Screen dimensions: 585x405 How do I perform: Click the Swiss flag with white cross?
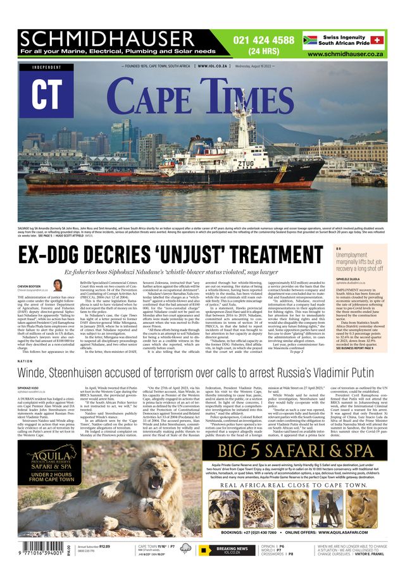377,40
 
